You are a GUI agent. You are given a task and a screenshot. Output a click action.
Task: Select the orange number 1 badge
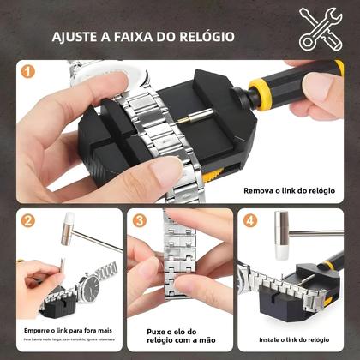pyautogui.click(x=28, y=73)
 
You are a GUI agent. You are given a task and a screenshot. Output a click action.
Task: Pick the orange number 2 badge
pyautogui.click(x=28, y=220)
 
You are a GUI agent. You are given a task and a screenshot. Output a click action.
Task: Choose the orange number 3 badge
pyautogui.click(x=140, y=220)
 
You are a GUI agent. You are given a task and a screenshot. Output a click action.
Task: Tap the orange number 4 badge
pyautogui.click(x=250, y=220)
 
